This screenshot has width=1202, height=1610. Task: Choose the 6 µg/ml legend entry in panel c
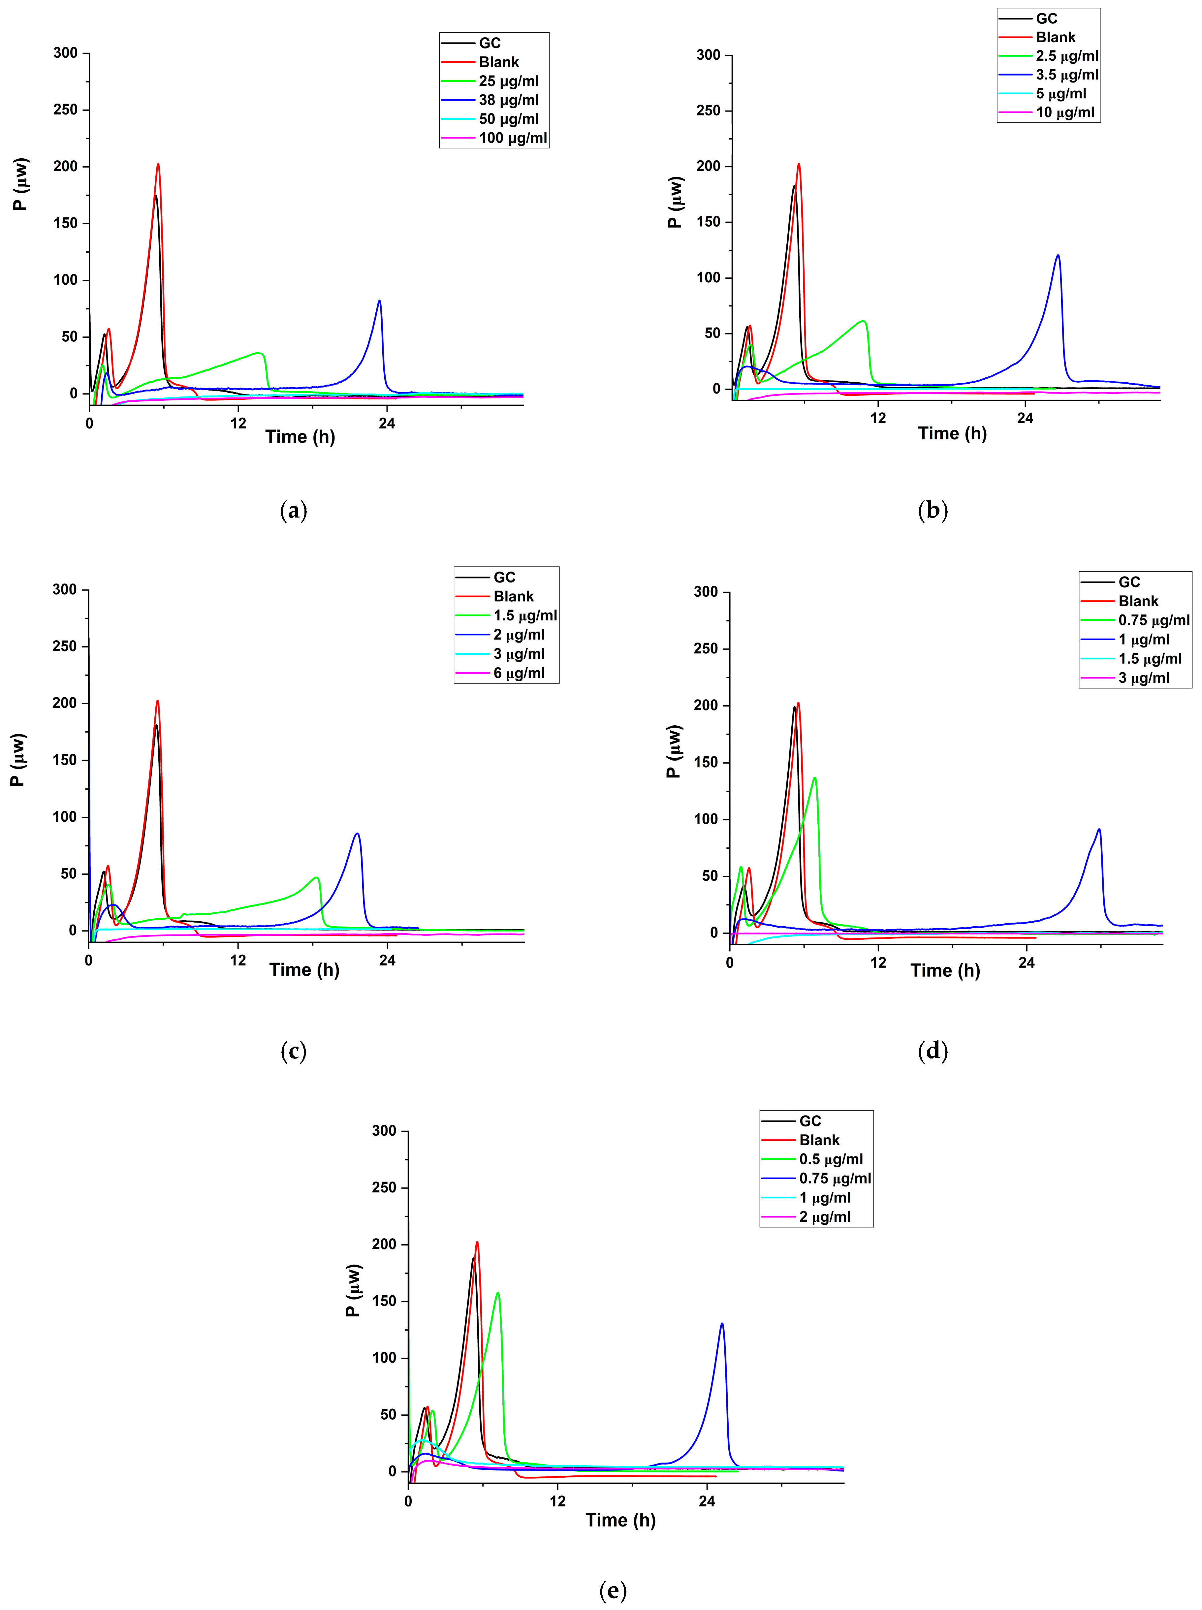pos(518,673)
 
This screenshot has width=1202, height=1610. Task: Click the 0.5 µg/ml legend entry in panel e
pos(830,1159)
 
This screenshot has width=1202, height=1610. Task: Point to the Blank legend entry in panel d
pos(1137,601)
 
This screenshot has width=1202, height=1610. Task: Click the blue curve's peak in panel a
pos(379,301)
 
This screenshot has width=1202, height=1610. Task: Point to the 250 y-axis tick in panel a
pos(66,110)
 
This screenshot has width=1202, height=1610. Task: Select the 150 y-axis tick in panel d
pos(706,762)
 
